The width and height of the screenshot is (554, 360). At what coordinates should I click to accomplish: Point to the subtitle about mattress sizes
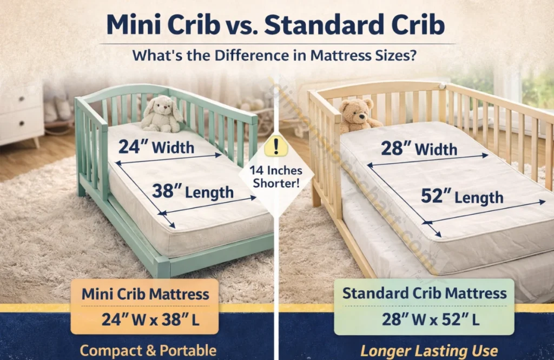(x=276, y=55)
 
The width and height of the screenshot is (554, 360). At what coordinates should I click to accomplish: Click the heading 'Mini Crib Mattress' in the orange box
(x=145, y=295)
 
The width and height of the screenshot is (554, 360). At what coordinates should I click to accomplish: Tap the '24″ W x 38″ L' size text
(x=145, y=319)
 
